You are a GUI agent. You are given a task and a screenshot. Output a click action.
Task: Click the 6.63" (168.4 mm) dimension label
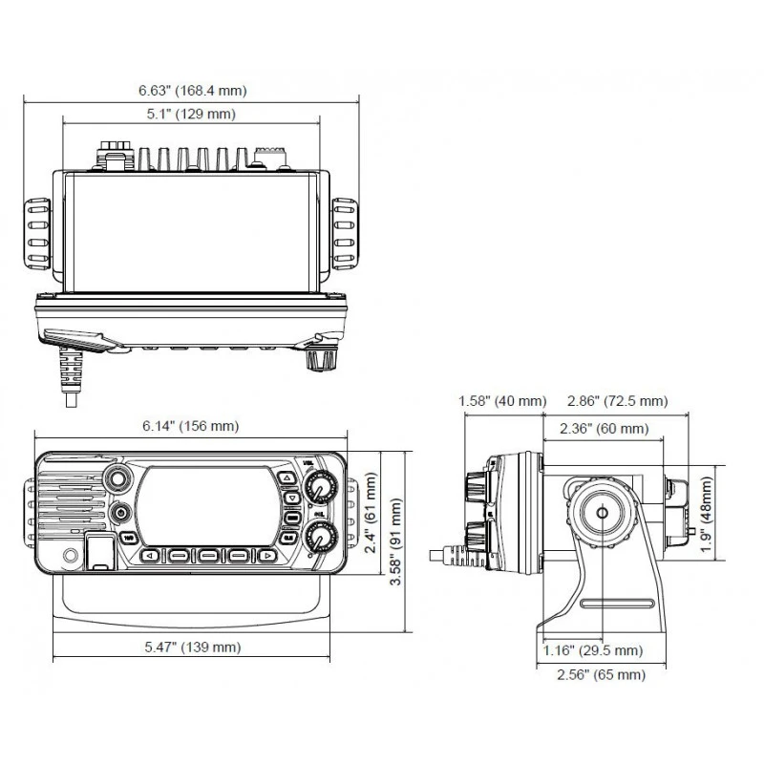coord(192,91)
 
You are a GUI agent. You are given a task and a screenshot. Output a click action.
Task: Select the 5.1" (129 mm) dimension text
coord(192,115)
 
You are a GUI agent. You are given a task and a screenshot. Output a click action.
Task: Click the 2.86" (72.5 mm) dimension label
coord(617,401)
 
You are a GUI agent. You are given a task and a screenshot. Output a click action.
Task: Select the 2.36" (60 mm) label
coord(604,428)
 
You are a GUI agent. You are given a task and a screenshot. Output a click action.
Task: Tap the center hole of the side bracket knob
coord(602,512)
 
